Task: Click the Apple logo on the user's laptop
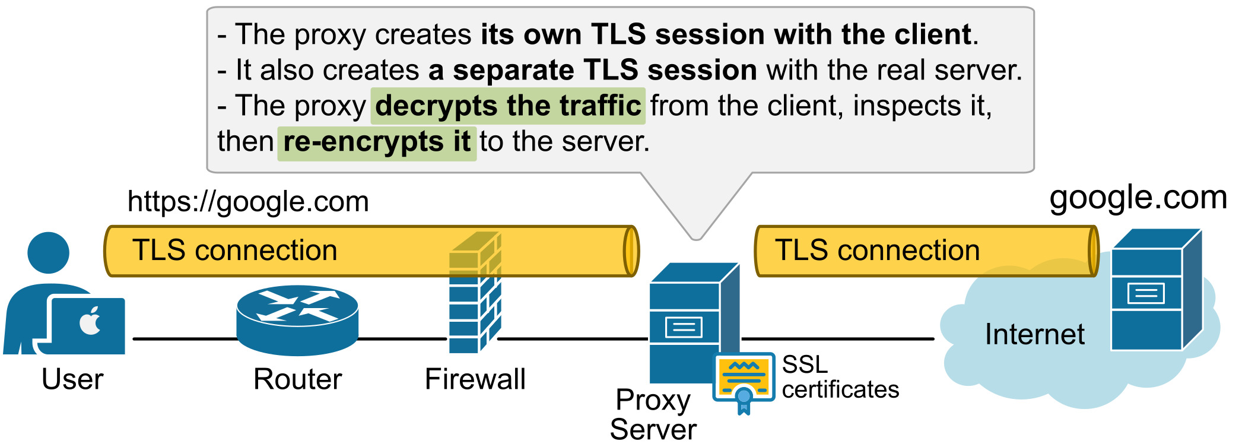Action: [90, 322]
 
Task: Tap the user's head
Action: [48, 252]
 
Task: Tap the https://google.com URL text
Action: [248, 202]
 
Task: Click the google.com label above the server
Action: [1138, 198]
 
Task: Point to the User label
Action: [72, 379]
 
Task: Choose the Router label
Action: [297, 379]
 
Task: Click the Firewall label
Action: [475, 379]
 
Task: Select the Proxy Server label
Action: [653, 414]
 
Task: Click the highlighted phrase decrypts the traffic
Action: [508, 106]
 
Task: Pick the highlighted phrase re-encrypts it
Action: [377, 142]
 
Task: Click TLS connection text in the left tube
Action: [234, 251]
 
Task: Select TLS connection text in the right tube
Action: [877, 251]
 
